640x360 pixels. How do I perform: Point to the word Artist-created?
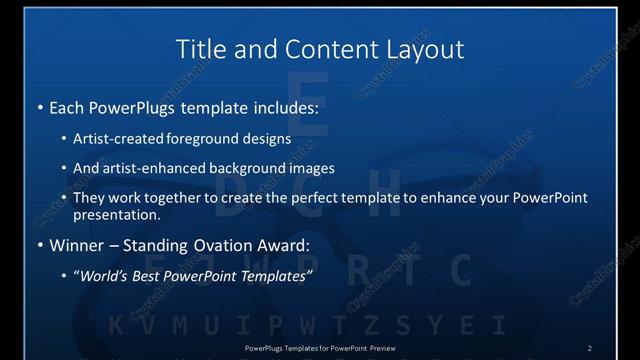pos(116,139)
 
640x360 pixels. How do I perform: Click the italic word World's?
pos(106,274)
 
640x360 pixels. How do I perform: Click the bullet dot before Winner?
pos(40,245)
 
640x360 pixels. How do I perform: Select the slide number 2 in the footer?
pos(589,347)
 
